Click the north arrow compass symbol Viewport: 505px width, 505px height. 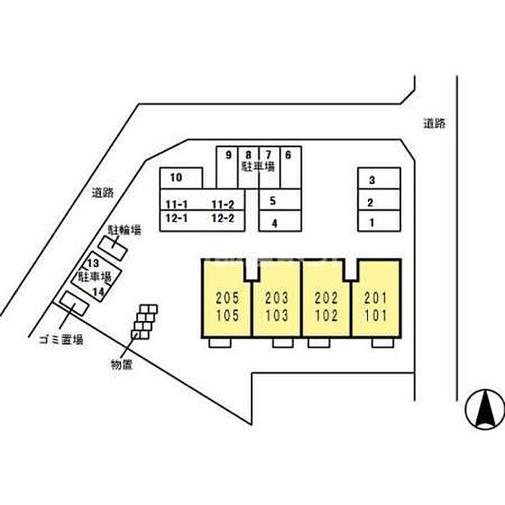tap(486, 409)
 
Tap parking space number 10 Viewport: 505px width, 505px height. tap(181, 178)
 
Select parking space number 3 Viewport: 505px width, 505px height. tap(379, 178)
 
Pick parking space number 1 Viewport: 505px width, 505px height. tap(379, 221)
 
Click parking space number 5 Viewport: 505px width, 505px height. tap(280, 200)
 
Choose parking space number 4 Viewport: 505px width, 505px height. tap(280, 221)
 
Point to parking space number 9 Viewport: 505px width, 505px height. tap(227, 167)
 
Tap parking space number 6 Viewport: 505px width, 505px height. tap(291, 167)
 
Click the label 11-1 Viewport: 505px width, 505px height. tap(176, 204)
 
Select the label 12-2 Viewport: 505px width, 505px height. tap(222, 219)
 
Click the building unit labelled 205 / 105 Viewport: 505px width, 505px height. tap(227, 298)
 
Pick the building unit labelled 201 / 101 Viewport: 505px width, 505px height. tap(376, 298)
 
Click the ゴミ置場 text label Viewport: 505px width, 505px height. tap(61, 340)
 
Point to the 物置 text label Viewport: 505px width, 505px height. tap(121, 365)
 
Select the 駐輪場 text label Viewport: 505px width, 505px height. tap(125, 230)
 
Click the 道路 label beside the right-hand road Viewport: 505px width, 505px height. tap(434, 123)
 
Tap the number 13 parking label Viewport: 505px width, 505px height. tap(93, 263)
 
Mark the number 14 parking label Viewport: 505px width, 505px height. tap(99, 291)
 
